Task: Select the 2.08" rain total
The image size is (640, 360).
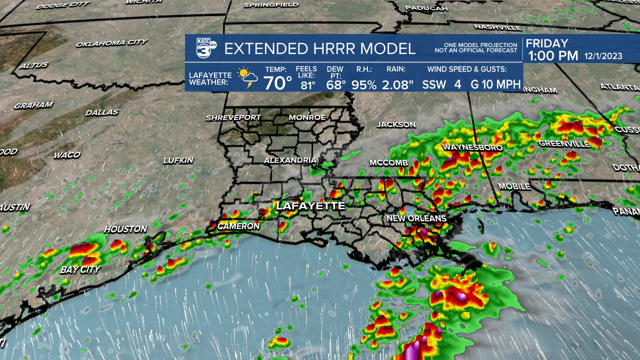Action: (x=397, y=84)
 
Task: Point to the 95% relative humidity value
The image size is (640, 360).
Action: (x=363, y=84)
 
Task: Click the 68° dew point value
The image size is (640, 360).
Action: (x=336, y=84)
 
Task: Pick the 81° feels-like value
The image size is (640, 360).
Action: (x=308, y=85)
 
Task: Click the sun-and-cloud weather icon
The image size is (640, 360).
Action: (x=247, y=78)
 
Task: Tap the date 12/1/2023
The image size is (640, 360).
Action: (x=603, y=56)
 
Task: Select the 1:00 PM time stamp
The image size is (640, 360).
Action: (x=553, y=55)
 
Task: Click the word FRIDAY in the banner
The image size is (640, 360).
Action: (x=547, y=43)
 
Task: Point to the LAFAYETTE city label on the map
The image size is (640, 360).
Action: (x=310, y=205)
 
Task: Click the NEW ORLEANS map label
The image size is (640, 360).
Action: (x=416, y=218)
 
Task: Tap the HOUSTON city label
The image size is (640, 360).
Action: (x=125, y=229)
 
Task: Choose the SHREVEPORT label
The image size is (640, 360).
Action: (x=233, y=117)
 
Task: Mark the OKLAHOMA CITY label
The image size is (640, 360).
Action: (x=111, y=43)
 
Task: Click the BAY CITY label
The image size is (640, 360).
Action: (x=80, y=269)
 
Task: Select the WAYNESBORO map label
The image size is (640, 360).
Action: (x=465, y=147)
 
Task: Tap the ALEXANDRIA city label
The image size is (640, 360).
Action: (x=290, y=160)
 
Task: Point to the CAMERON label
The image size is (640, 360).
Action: (x=238, y=226)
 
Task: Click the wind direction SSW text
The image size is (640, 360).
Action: (x=434, y=84)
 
